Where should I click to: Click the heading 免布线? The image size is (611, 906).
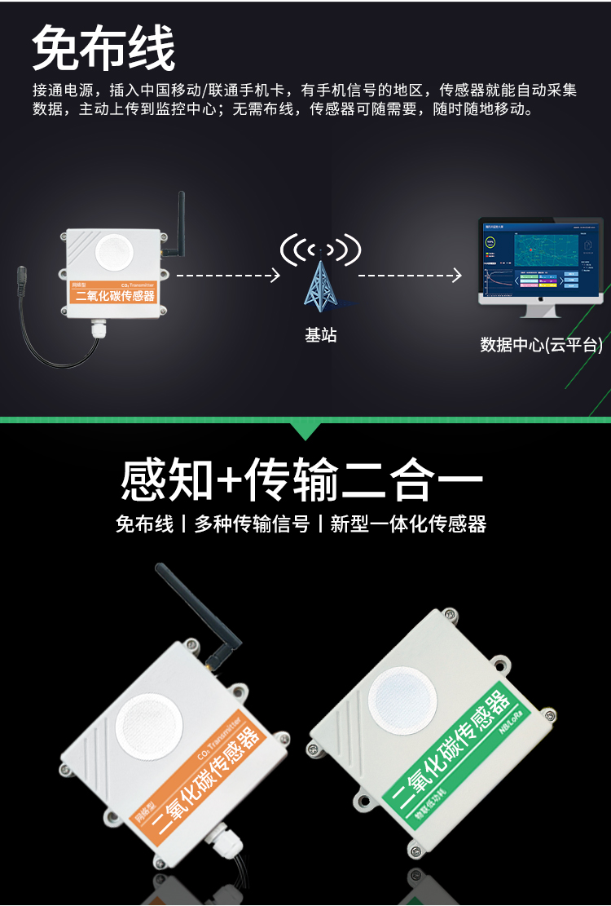(103, 49)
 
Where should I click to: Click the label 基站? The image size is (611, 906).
(320, 334)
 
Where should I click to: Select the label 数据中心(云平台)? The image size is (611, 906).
(541, 345)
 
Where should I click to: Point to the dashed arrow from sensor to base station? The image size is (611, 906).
(227, 276)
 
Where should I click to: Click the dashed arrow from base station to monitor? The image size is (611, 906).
(410, 276)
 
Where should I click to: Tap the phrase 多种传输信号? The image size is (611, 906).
(252, 524)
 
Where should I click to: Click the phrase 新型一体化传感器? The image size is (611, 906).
(408, 524)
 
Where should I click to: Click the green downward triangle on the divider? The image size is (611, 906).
(305, 431)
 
